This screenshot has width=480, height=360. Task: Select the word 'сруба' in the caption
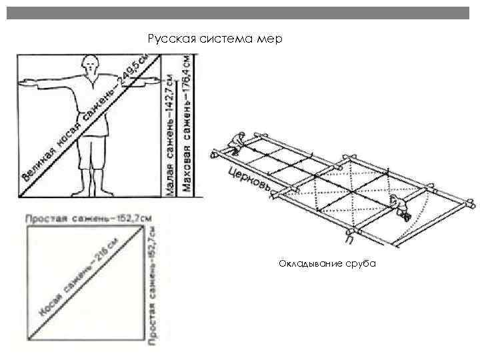[x=362, y=264]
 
